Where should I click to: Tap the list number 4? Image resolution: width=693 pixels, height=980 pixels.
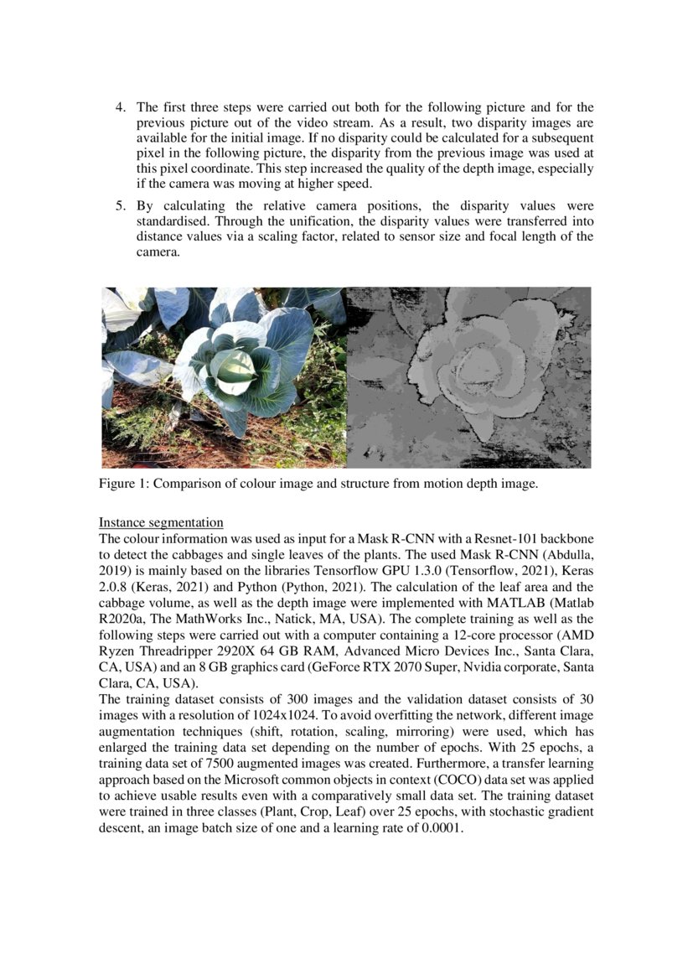pos(120,107)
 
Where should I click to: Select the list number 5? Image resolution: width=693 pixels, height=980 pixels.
pos(120,206)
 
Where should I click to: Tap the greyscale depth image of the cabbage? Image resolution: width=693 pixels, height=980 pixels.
pos(468,377)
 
